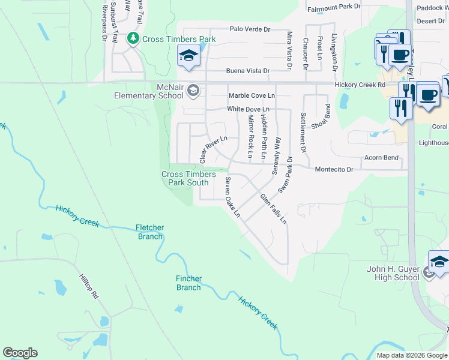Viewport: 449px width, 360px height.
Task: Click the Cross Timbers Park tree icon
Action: click(133, 39)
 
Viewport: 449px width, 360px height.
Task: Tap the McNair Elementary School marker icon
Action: click(193, 91)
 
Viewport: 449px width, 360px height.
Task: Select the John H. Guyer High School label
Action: click(393, 273)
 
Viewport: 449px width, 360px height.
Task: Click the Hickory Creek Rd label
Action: click(360, 85)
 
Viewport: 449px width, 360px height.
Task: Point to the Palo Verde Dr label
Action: click(250, 29)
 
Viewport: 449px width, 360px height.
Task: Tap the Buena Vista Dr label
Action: click(248, 71)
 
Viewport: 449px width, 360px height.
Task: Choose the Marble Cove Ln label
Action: click(252, 95)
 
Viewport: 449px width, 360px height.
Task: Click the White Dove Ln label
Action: click(248, 109)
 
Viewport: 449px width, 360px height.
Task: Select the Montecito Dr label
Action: click(334, 170)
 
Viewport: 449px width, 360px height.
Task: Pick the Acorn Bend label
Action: click(381, 158)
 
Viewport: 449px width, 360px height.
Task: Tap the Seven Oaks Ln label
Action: click(232, 197)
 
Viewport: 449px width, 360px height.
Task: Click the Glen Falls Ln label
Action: click(273, 209)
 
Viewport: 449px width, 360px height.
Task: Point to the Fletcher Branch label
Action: click(149, 232)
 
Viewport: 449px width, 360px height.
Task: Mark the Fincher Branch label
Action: click(188, 283)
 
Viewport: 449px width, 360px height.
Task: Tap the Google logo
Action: click(20, 353)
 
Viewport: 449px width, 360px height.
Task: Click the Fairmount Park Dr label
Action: click(334, 8)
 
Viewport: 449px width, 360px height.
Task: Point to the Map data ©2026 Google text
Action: click(412, 355)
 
